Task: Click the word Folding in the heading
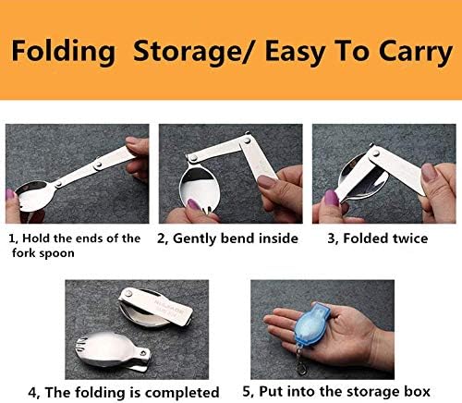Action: (x=63, y=52)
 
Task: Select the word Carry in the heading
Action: (x=416, y=53)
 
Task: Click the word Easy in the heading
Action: (x=295, y=52)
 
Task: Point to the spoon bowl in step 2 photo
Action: (x=199, y=188)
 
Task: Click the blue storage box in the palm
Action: (x=311, y=324)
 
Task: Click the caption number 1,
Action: (x=13, y=238)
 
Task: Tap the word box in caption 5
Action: (x=417, y=392)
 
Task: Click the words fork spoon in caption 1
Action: (x=43, y=253)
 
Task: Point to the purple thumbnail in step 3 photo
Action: (x=332, y=197)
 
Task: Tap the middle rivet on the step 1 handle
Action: (x=99, y=165)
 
